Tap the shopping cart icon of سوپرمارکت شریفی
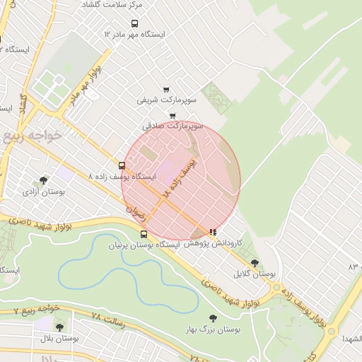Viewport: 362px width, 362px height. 165,90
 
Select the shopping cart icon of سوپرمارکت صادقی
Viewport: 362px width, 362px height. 173,116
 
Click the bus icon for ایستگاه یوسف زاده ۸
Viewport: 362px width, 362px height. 122,166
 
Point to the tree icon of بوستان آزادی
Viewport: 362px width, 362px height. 44,180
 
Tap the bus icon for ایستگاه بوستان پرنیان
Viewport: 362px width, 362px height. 144,234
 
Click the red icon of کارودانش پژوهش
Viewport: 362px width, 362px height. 213,231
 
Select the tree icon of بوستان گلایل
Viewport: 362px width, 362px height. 255,262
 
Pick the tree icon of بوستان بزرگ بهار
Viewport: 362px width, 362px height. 213,319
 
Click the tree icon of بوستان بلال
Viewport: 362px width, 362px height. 59,327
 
